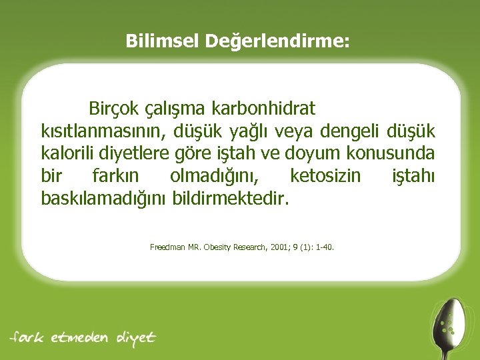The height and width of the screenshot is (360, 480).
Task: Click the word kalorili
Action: [x=68, y=153]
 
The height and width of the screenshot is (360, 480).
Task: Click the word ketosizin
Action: [x=325, y=176]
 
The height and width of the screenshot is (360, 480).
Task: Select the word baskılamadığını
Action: [x=104, y=199]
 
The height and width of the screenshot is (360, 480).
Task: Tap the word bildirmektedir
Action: [x=231, y=199]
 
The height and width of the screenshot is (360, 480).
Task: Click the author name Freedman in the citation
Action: [x=165, y=247]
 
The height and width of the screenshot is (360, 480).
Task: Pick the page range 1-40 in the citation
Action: [x=325, y=247]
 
